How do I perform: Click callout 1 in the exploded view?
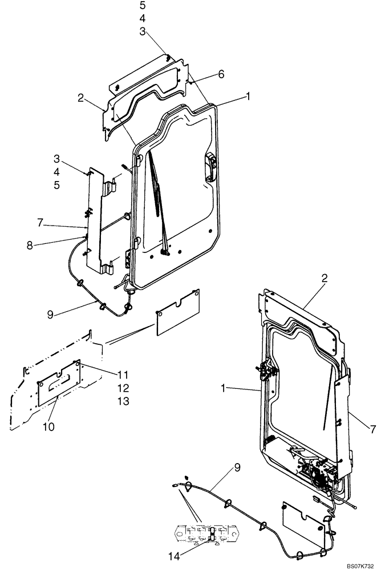click(x=248, y=97)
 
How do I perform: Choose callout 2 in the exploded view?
click(x=82, y=98)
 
